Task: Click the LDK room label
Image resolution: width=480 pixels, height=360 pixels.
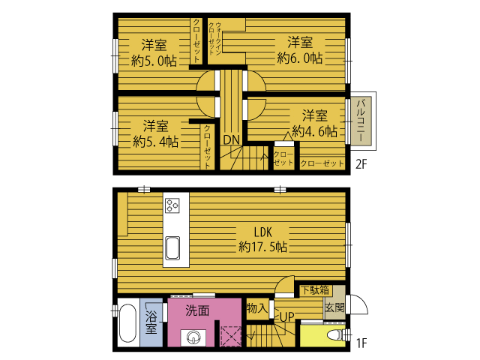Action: [x=263, y=232]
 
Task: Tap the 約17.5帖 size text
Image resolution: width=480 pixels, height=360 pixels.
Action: [x=263, y=247]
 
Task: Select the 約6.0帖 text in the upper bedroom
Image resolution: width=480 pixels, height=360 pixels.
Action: [x=300, y=58]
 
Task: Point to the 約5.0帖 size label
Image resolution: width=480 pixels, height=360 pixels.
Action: [x=154, y=61]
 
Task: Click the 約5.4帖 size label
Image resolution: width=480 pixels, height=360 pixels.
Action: [x=155, y=142]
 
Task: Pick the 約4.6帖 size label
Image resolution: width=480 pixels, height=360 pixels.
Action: [x=315, y=131]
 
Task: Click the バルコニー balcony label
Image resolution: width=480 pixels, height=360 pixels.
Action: [x=361, y=120]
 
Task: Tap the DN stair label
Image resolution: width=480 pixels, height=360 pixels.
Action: [x=232, y=140]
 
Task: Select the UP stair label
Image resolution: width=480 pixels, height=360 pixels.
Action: [x=286, y=316]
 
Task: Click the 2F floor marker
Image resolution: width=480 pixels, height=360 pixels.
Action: [x=361, y=164]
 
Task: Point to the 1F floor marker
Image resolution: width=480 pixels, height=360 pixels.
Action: [x=361, y=343]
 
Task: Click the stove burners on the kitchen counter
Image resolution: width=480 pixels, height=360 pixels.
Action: [x=172, y=205]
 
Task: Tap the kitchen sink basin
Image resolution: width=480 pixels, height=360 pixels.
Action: [x=172, y=248]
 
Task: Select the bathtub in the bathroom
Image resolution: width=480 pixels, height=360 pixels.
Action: [x=127, y=323]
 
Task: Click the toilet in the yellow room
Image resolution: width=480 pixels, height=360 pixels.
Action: [x=336, y=335]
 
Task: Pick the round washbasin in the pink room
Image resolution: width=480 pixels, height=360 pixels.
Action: [x=193, y=337]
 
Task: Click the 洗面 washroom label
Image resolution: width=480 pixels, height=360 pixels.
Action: [x=197, y=310]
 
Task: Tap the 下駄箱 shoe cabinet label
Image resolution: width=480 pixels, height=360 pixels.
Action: [x=315, y=290]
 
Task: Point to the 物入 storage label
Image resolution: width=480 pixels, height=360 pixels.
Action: [x=256, y=308]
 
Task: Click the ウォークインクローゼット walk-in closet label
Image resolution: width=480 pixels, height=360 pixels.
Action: [x=214, y=39]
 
